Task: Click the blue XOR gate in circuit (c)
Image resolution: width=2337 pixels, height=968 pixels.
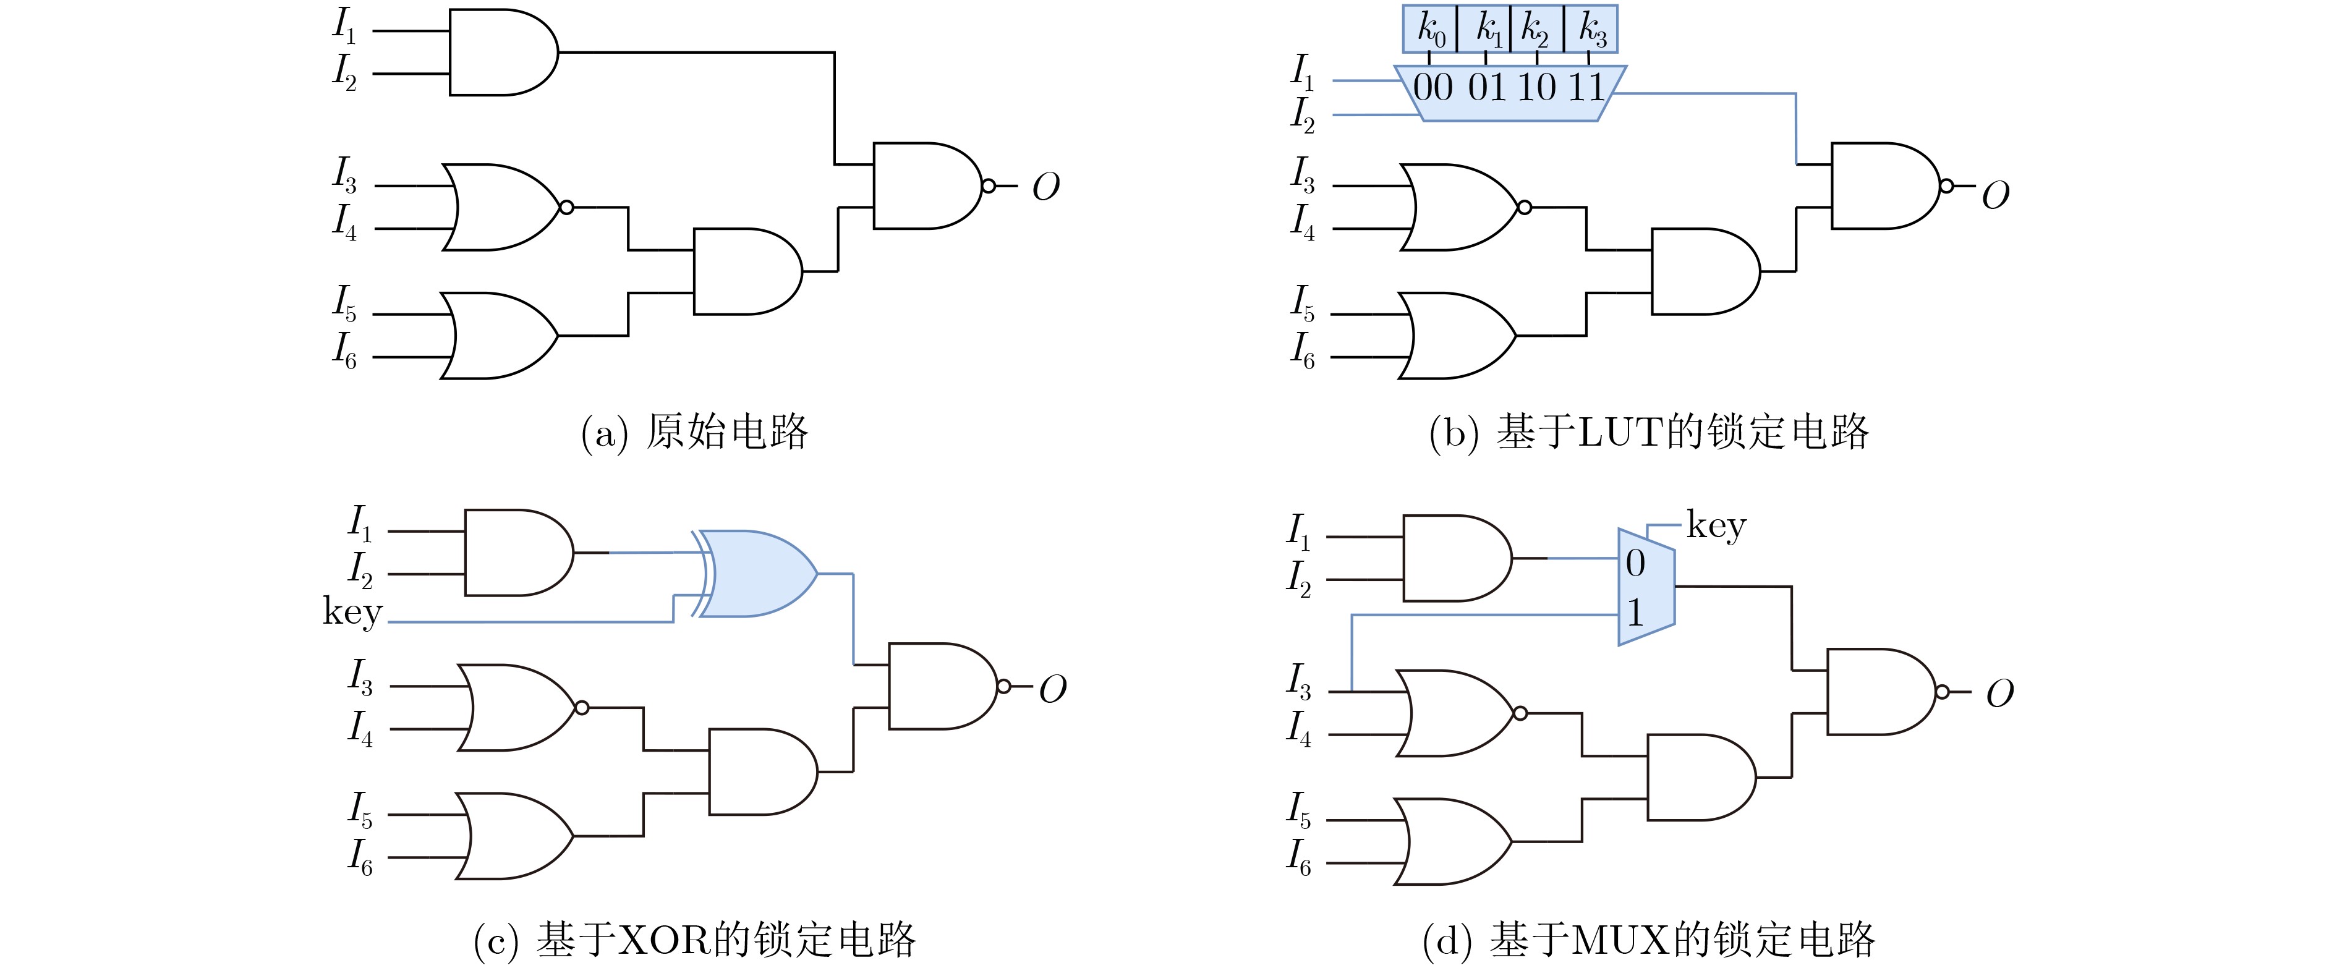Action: coord(757,574)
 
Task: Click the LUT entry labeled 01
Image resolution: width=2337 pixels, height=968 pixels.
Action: coord(1487,88)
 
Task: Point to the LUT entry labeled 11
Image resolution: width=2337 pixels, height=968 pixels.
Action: coord(1586,88)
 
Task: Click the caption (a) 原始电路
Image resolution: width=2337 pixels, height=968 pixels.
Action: coord(694,432)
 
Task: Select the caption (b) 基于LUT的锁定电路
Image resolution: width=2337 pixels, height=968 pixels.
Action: coord(1648,432)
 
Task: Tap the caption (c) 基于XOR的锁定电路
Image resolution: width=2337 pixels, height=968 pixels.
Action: coord(694,940)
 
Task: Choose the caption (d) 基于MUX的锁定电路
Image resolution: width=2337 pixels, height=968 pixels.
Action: coord(1648,940)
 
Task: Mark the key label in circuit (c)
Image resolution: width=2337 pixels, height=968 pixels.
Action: coord(353,613)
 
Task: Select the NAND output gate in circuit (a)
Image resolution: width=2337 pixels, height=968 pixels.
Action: coord(927,186)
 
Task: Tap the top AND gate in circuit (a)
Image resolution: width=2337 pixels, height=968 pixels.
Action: coord(501,53)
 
